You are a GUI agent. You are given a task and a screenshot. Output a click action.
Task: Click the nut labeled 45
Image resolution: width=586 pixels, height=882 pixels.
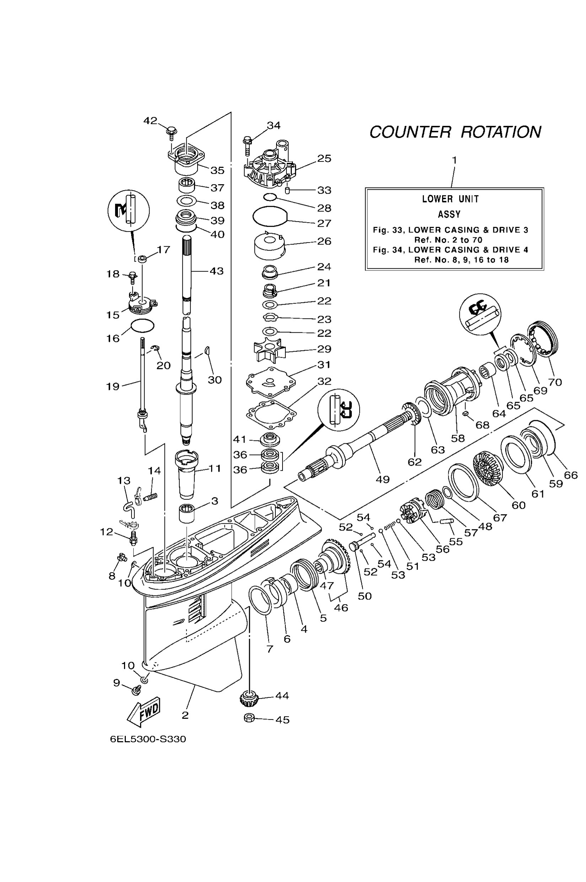[249, 718]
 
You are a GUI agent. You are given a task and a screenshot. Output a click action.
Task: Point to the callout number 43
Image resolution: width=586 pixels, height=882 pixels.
[217, 271]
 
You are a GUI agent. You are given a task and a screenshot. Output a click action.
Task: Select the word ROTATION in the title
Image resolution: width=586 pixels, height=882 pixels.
[501, 132]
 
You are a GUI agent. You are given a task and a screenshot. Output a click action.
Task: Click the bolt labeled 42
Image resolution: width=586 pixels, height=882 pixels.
[172, 132]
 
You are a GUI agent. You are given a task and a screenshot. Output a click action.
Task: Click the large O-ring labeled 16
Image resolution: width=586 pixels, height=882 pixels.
[143, 326]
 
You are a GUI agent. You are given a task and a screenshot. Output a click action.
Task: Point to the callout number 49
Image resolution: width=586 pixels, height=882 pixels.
[382, 479]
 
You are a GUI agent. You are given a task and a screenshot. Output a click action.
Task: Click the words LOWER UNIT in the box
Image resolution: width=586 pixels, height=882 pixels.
[450, 199]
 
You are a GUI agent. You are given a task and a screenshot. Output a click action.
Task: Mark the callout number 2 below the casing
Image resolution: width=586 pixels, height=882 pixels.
[185, 715]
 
